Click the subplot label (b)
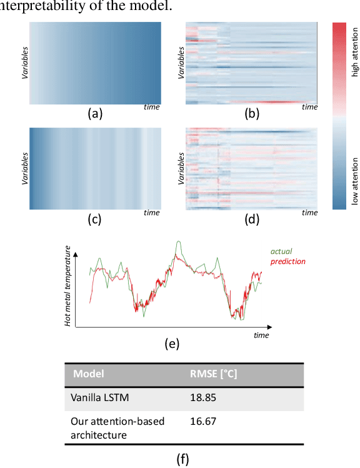click(251, 113)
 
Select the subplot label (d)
click(251, 219)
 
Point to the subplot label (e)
click(171, 343)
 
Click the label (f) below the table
click(182, 460)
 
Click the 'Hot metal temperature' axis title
click(67, 287)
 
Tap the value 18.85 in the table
click(203, 397)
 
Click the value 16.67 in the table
click(203, 422)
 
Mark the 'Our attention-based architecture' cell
click(117, 428)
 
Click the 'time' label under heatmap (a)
click(151, 107)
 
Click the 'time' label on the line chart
click(261, 335)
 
